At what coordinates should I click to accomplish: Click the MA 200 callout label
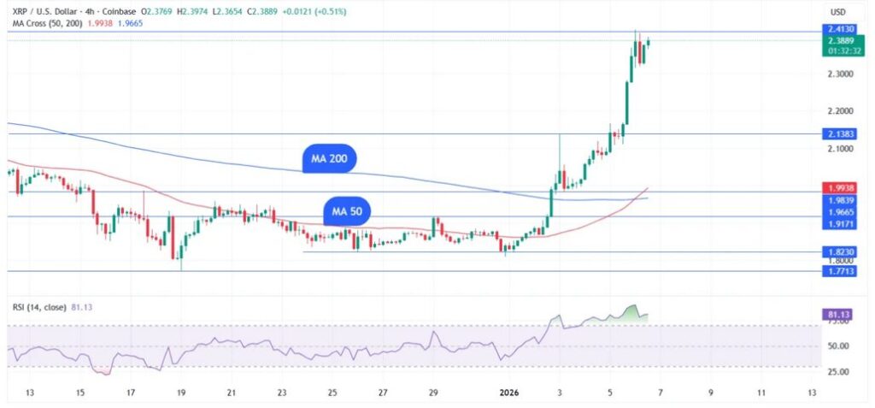click(x=329, y=158)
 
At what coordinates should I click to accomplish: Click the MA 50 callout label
click(x=346, y=211)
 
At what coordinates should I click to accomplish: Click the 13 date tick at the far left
click(x=29, y=393)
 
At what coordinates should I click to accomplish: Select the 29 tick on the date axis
click(x=433, y=393)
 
